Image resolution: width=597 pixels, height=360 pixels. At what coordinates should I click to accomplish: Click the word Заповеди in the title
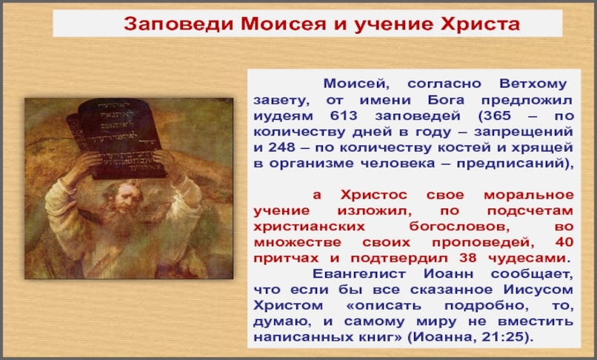179,24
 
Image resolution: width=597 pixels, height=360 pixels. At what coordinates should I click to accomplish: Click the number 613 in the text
344,116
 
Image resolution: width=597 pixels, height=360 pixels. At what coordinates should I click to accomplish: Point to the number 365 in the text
497,116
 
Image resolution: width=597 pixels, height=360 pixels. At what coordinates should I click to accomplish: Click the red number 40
564,242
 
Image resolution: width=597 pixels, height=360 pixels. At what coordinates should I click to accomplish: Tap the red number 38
467,258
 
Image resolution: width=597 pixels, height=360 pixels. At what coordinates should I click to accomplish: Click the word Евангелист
359,274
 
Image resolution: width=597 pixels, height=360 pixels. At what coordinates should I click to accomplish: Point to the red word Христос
373,195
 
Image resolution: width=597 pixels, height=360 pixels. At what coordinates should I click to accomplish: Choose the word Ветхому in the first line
533,84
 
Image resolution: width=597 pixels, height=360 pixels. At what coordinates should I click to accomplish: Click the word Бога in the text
446,100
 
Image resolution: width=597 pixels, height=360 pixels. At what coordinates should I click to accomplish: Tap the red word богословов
459,226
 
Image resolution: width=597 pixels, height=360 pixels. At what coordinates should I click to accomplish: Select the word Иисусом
538,290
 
